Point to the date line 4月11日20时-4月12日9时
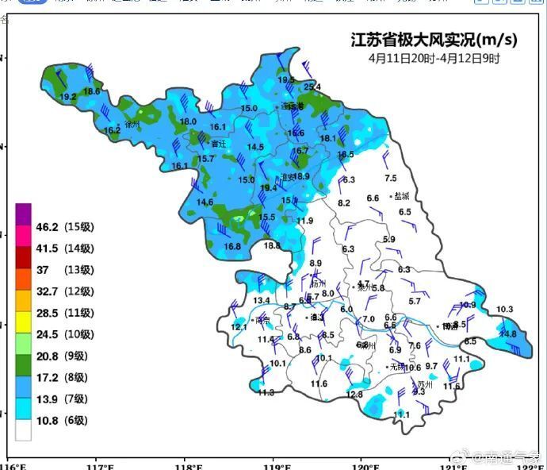point(434,58)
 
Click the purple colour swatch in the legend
point(23,214)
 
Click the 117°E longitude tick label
point(98,464)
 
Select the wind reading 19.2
point(68,97)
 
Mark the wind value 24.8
point(507,334)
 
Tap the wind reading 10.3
point(504,309)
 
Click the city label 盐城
point(403,196)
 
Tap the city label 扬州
point(318,283)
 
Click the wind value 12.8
point(354,394)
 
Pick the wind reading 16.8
point(232,247)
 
